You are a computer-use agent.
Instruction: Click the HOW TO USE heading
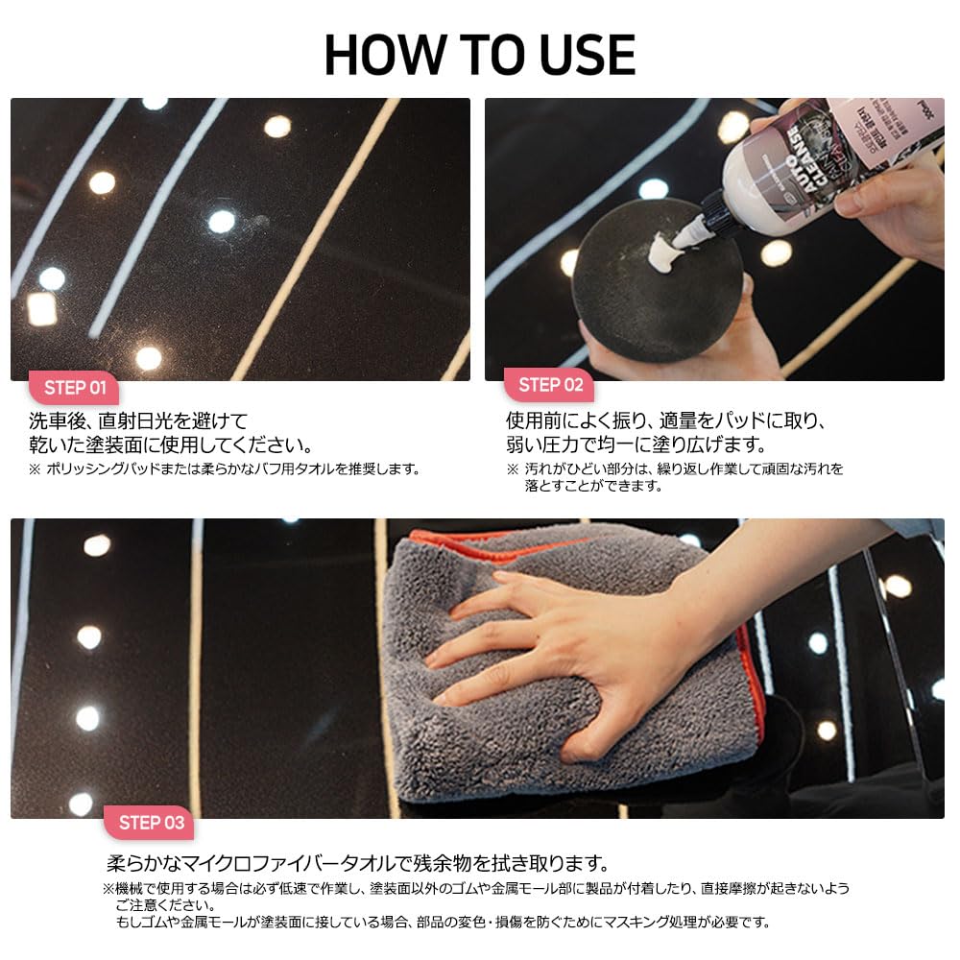(480, 55)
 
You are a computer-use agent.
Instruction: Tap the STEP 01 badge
(75, 388)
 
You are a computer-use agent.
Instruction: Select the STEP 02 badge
(550, 385)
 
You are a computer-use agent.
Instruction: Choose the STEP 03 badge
(150, 823)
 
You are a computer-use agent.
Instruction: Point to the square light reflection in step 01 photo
(41, 308)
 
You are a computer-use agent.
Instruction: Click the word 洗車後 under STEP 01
(59, 421)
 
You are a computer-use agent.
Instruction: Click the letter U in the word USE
(556, 56)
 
